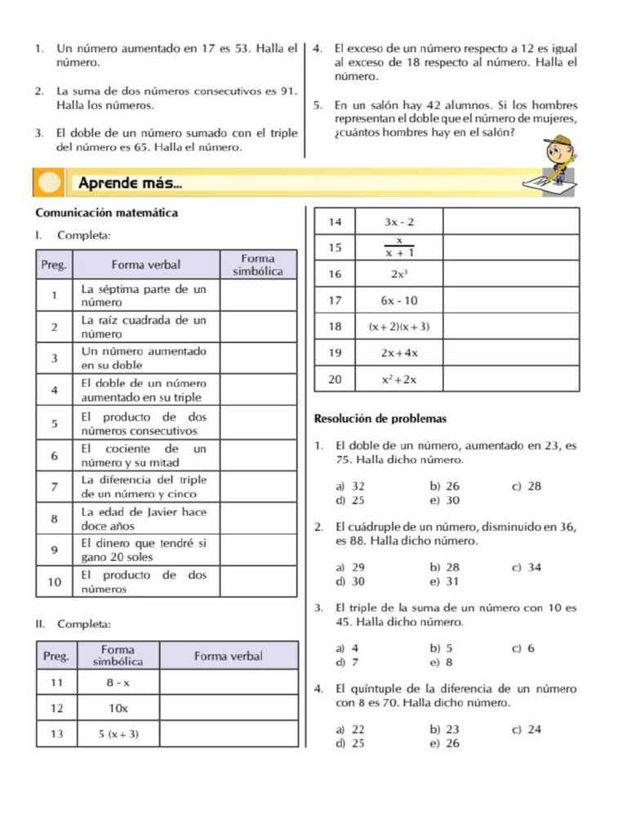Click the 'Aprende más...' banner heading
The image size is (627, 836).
click(x=130, y=184)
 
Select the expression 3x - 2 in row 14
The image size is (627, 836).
click(x=399, y=222)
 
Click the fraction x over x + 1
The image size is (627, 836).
click(x=399, y=247)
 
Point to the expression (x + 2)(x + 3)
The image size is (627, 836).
click(x=399, y=327)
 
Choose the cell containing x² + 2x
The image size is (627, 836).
click(x=399, y=380)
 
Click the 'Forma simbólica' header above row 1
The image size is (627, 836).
click(x=257, y=265)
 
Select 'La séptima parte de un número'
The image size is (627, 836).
click(x=144, y=296)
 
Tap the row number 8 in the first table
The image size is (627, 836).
click(x=54, y=519)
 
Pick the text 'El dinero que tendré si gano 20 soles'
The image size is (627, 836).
click(x=144, y=549)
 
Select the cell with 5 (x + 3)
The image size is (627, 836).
click(x=118, y=734)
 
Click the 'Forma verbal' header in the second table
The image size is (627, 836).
click(x=229, y=656)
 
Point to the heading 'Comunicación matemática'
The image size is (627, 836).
click(x=106, y=213)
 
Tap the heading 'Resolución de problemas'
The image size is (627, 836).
click(x=380, y=419)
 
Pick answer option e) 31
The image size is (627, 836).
click(x=445, y=581)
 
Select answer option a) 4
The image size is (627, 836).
click(x=347, y=648)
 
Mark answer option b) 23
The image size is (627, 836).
click(x=445, y=729)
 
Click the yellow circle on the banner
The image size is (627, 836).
click(x=50, y=183)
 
